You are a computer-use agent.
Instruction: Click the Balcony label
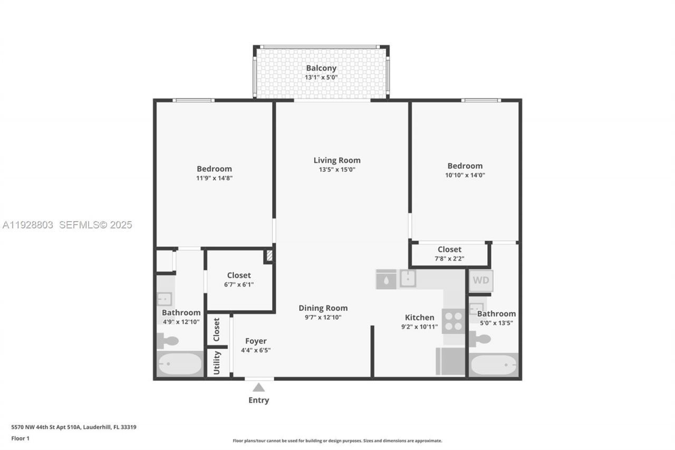(x=321, y=68)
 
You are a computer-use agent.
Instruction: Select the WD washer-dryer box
(x=481, y=281)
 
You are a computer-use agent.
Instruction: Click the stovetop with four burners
(x=454, y=321)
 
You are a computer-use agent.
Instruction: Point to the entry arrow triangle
(x=258, y=388)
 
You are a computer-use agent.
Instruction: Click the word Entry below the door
(x=258, y=400)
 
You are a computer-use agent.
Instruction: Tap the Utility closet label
(x=217, y=362)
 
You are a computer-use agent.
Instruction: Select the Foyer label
(x=256, y=341)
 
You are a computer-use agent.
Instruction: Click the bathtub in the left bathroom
(x=180, y=364)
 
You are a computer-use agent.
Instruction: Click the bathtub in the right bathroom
(x=494, y=365)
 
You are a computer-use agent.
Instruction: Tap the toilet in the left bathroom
(x=168, y=341)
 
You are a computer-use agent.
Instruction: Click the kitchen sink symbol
(x=408, y=278)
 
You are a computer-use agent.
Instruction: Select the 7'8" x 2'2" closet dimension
(x=449, y=258)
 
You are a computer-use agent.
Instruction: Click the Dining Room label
(x=323, y=308)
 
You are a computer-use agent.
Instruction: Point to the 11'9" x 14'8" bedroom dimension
(x=214, y=178)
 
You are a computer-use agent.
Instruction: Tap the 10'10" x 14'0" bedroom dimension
(x=465, y=175)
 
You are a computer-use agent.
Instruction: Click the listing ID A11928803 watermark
(x=28, y=225)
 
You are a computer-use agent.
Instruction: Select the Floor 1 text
(x=21, y=438)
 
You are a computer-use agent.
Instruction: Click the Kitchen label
(x=419, y=318)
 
